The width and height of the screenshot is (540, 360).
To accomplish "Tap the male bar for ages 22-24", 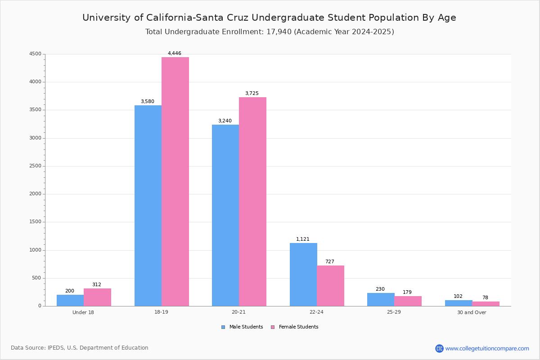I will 303,274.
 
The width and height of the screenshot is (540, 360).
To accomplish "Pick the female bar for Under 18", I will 97,297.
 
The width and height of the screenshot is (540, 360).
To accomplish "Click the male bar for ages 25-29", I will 381,300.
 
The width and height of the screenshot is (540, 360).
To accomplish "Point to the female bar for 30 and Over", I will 486,304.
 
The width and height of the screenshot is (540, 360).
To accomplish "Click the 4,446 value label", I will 175,54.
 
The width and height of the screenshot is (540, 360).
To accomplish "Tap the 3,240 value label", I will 225,121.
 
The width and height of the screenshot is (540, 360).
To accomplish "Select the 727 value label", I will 330,262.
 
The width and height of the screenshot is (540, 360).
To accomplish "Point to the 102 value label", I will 458,297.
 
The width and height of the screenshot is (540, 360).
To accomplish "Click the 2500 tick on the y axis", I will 35,166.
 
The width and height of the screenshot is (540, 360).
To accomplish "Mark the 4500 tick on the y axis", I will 35,54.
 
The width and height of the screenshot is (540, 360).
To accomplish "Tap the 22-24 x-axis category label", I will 316,312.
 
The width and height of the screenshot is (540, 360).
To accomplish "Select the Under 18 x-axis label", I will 83,312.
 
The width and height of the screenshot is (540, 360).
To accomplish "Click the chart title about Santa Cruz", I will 269,18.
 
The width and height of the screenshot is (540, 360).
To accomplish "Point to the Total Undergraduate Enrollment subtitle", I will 269,32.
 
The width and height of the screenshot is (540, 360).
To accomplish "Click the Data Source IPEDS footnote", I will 80,348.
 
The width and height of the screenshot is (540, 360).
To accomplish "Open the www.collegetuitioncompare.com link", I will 487,348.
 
